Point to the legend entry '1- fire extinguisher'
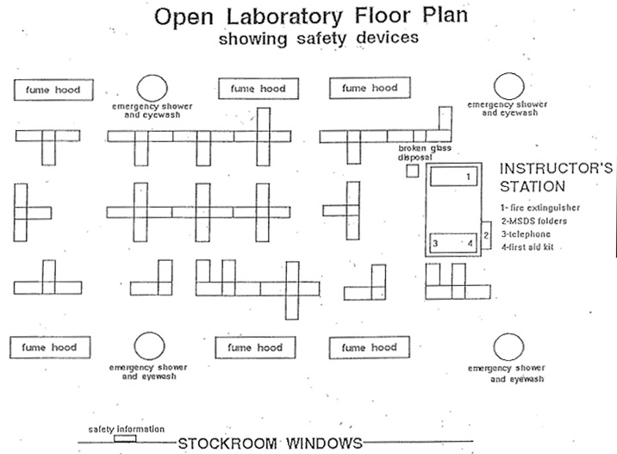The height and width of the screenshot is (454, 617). [x=539, y=208]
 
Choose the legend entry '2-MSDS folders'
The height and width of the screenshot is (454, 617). [x=532, y=221]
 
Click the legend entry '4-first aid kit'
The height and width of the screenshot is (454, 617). [x=530, y=246]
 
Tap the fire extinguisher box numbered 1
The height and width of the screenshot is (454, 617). [x=453, y=177]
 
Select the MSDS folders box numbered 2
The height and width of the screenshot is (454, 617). [x=487, y=234]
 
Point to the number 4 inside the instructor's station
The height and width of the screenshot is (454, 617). [x=470, y=244]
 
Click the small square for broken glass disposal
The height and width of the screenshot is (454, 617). [x=413, y=171]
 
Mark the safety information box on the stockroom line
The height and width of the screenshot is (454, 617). [x=125, y=438]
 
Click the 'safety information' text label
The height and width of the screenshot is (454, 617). [x=127, y=429]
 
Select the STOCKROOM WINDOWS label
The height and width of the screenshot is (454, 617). [x=270, y=444]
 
